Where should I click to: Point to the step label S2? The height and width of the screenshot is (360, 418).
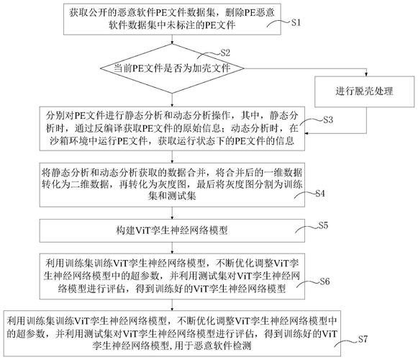pyautogui.click(x=224, y=53)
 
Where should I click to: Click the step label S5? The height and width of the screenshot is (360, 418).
pyautogui.click(x=324, y=226)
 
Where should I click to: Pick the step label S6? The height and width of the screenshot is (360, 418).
pyautogui.click(x=324, y=281)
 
